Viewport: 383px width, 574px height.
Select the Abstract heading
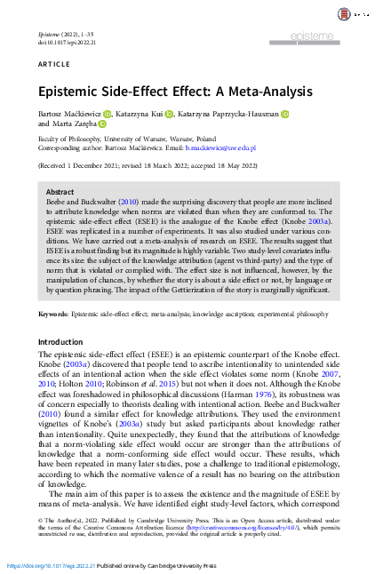tap(60, 192)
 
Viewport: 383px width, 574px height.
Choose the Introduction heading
tap(60, 341)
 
